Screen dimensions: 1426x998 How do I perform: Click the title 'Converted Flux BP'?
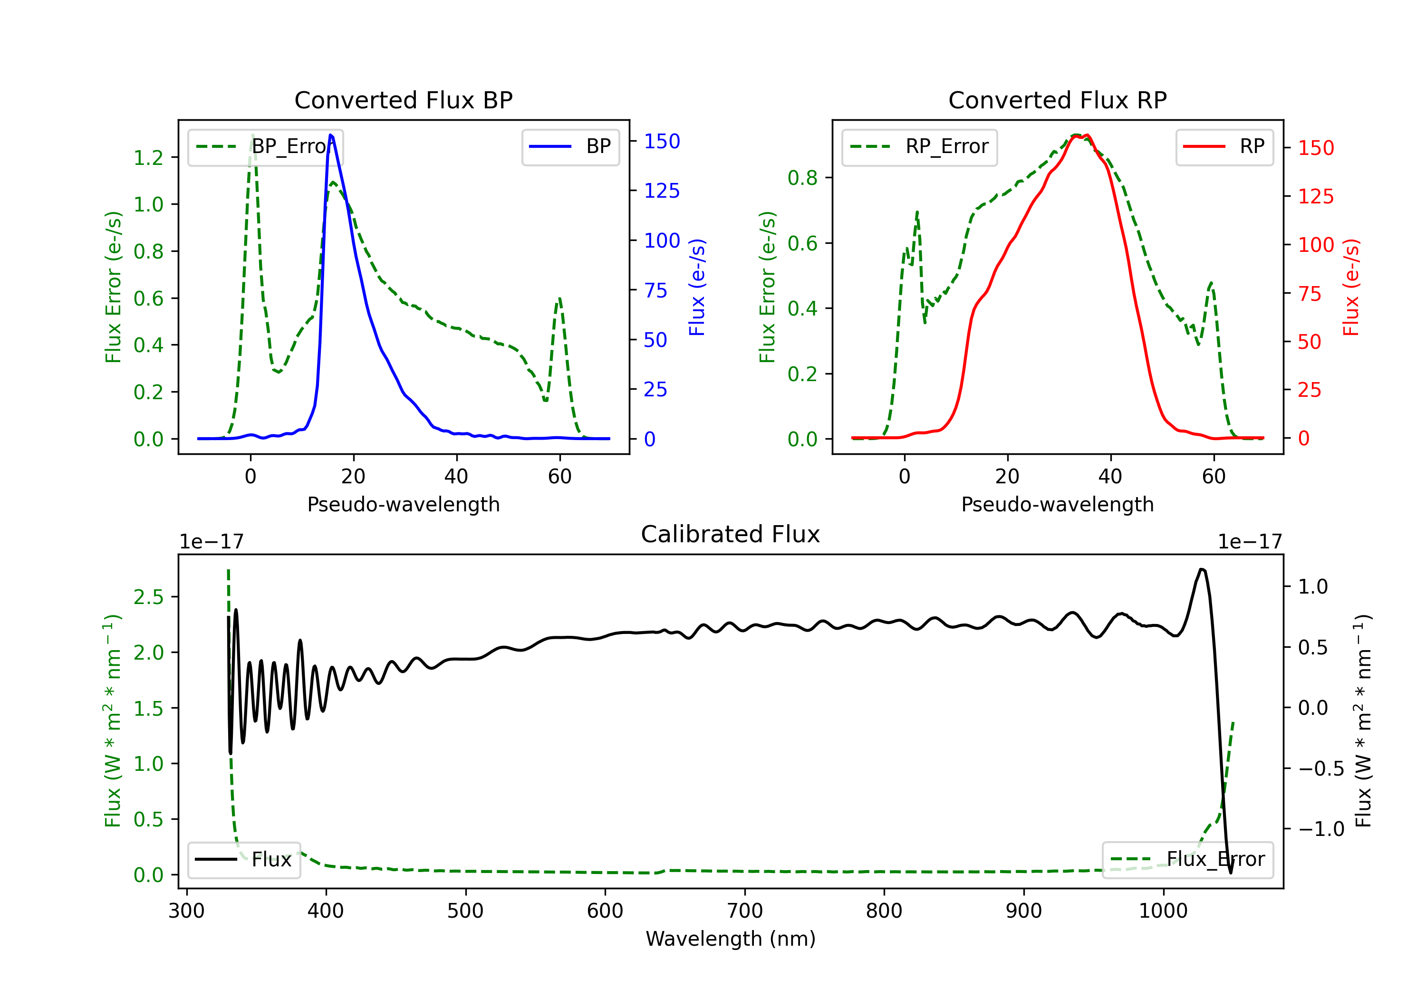(x=403, y=100)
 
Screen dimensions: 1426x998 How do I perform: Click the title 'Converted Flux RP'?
(x=1057, y=100)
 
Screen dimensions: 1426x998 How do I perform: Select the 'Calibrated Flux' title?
(x=731, y=534)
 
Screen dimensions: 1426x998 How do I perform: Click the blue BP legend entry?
(x=570, y=146)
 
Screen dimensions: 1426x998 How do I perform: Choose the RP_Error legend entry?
(x=919, y=146)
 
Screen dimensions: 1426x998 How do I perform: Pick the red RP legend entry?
(x=1224, y=146)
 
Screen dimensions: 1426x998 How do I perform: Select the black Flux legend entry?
(x=243, y=860)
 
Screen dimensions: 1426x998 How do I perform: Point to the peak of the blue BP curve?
(x=330, y=135)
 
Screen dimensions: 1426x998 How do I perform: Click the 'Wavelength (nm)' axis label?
(x=731, y=939)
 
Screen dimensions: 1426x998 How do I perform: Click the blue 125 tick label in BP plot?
(x=662, y=191)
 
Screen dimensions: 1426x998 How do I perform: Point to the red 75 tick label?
(x=1310, y=293)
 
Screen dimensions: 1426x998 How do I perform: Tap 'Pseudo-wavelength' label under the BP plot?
(x=403, y=504)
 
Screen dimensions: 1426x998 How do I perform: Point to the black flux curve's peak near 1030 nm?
(x=1203, y=569)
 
